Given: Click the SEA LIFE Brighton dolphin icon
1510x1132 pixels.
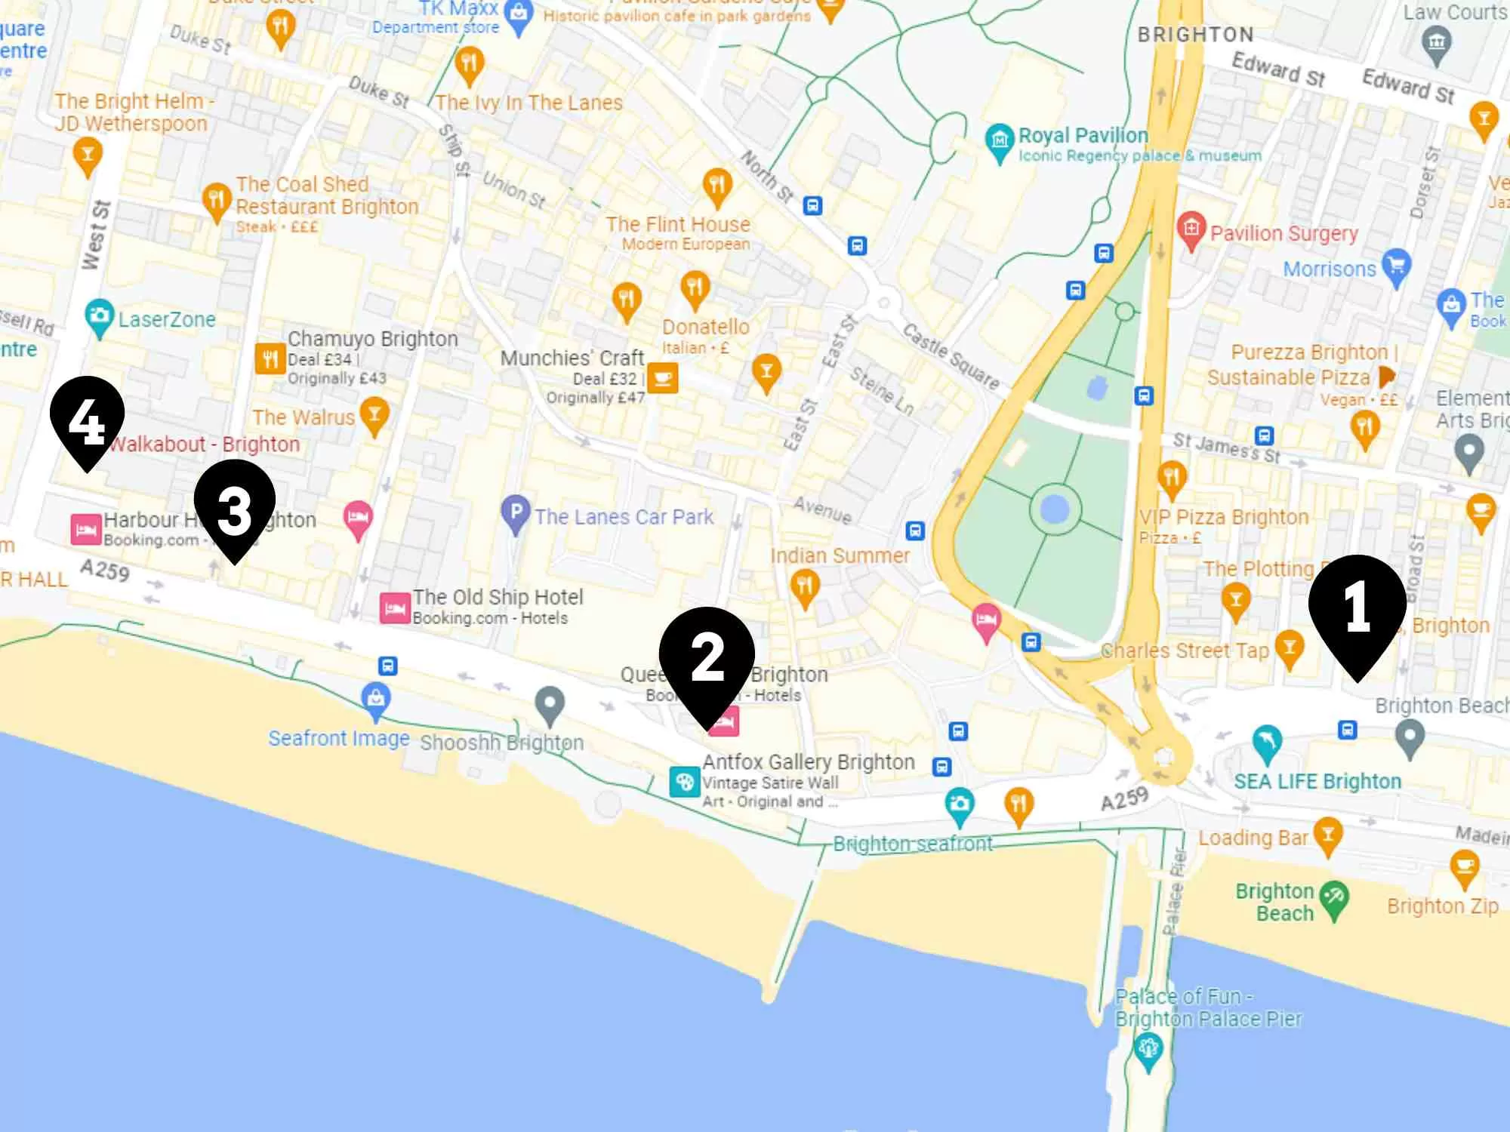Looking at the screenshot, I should point(1267,742).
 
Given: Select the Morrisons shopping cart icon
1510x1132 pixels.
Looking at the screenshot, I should point(1396,266).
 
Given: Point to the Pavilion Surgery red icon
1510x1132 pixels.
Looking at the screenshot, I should point(1191,228).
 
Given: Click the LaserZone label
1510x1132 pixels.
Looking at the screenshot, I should point(167,320).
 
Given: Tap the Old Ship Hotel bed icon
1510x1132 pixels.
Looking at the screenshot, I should point(394,608).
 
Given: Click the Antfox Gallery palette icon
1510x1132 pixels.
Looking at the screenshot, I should point(684,782).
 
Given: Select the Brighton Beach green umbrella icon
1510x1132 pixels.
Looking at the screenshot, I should point(1334,897).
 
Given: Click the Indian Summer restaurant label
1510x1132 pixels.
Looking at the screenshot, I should point(840,556).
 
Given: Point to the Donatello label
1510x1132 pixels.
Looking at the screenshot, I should point(705,327).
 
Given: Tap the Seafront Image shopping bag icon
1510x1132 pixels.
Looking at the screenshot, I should point(376,698).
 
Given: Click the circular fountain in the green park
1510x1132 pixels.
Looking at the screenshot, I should point(1055,511).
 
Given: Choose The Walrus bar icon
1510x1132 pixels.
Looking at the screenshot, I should point(374,414).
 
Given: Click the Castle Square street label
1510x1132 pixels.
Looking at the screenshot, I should point(951,356).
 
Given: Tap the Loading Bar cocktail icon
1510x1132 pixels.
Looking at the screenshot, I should point(1327,835).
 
